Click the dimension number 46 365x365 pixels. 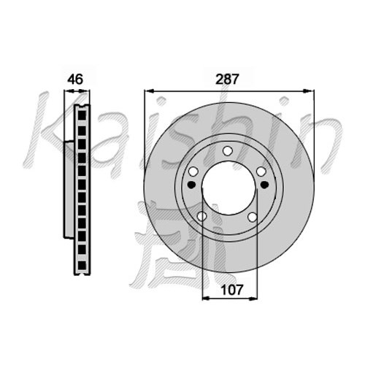(x=75, y=80)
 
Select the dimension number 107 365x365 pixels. (x=232, y=290)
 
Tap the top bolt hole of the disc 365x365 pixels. (x=228, y=151)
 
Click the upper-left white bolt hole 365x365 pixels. (x=193, y=172)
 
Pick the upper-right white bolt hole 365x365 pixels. (x=261, y=172)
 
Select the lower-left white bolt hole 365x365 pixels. (x=201, y=216)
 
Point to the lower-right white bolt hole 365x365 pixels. (x=253, y=217)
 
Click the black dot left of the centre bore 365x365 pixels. (x=192, y=185)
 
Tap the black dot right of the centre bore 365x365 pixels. (x=264, y=185)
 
